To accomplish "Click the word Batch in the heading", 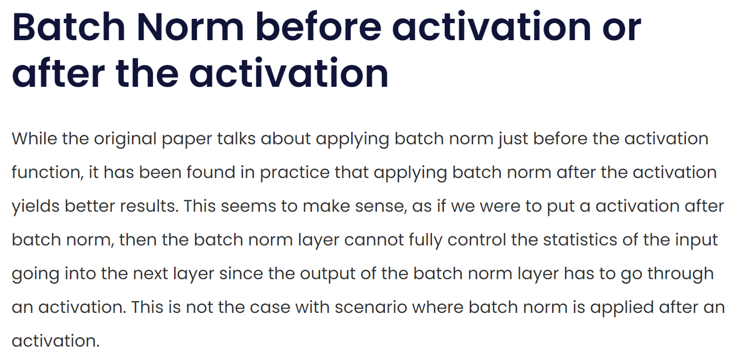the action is point(68,27).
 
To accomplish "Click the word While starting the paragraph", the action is point(34,138).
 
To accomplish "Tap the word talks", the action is point(237,138).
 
